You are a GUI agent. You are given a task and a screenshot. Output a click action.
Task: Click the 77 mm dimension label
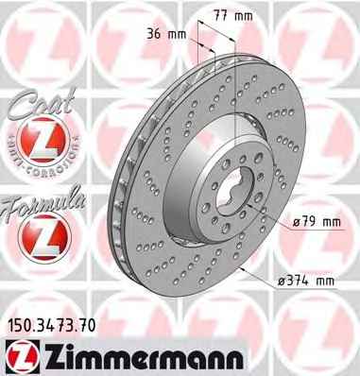click(x=233, y=16)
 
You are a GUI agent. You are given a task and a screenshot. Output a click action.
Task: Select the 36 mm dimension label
click(x=166, y=34)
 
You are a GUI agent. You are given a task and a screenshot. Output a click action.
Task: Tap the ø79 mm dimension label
click(x=317, y=222)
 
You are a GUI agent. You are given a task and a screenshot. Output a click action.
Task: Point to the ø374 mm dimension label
click(x=306, y=281)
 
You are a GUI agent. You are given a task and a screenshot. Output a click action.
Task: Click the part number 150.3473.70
click(x=51, y=326)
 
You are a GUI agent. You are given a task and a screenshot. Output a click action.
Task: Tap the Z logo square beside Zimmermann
click(x=23, y=358)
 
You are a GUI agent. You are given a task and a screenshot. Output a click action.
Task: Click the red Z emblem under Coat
click(x=43, y=140)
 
